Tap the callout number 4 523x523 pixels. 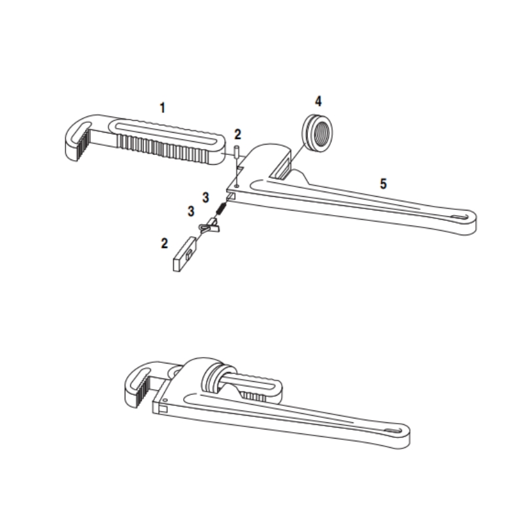pyautogui.click(x=318, y=101)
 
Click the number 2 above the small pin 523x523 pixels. pyautogui.click(x=238, y=135)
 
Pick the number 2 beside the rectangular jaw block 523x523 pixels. pyautogui.click(x=165, y=243)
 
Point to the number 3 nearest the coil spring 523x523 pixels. pyautogui.click(x=205, y=197)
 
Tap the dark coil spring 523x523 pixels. pyautogui.click(x=222, y=209)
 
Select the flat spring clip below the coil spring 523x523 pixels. pyautogui.click(x=209, y=227)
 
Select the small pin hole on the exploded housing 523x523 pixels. pyautogui.click(x=237, y=184)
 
